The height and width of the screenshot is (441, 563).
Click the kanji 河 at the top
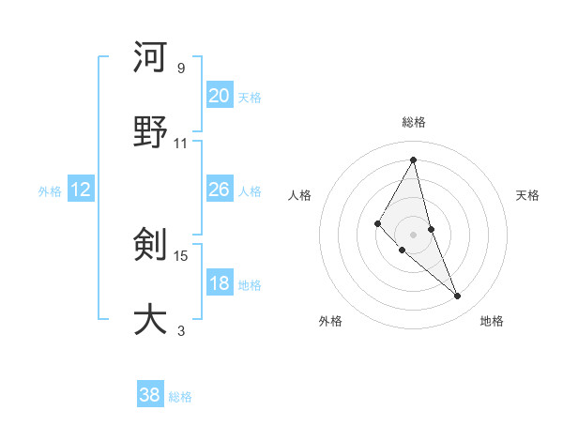tap(150, 57)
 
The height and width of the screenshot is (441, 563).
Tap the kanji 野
tap(150, 132)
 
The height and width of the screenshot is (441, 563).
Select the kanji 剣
tap(150, 245)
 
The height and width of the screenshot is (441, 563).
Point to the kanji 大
tap(150, 320)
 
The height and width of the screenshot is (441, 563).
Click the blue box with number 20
tap(219, 96)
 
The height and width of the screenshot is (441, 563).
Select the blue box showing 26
tap(219, 190)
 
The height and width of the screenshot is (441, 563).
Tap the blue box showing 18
tap(219, 283)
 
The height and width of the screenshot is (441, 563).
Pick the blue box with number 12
tap(81, 190)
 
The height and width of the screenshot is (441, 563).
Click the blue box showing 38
tap(150, 395)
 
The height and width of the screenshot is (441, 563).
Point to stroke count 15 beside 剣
tap(182, 255)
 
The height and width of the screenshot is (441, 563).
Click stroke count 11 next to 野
tap(181, 143)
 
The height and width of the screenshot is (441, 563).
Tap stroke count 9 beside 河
tap(181, 68)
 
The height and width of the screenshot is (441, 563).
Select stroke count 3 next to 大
tap(181, 330)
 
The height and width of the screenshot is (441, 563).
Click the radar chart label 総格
tap(414, 123)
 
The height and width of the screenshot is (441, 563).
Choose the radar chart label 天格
tap(528, 195)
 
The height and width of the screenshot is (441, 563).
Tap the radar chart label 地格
tap(492, 321)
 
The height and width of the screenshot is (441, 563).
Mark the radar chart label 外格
tap(330, 321)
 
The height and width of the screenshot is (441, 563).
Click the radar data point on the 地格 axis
tap(458, 297)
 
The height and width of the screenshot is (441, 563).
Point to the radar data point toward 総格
tap(414, 160)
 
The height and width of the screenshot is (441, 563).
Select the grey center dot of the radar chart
tap(414, 234)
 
